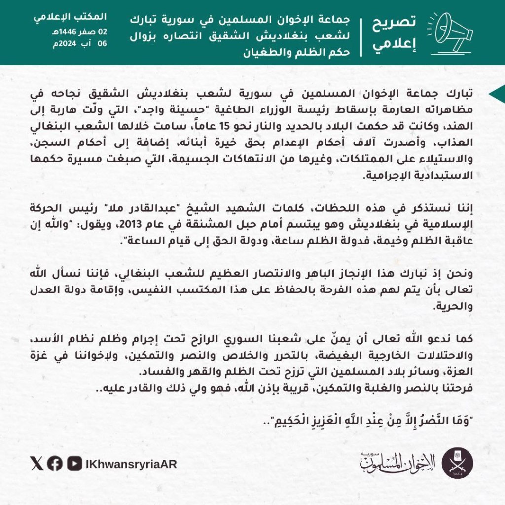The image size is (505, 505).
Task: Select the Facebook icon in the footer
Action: click(55, 463)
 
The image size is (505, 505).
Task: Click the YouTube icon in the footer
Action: click(74, 463)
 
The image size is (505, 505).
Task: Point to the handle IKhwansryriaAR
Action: click(131, 464)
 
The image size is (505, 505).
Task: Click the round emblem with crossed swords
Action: click(457, 463)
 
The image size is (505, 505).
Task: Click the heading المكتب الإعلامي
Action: click(70, 17)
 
